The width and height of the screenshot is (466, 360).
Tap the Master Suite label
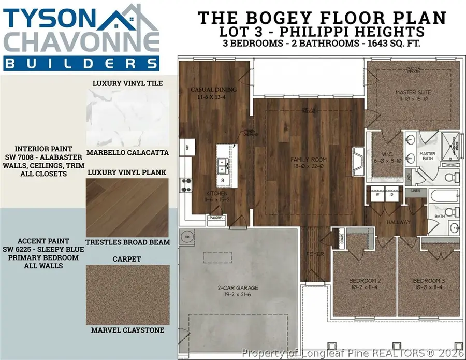(x=413, y=92)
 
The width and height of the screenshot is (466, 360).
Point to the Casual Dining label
(x=213, y=90)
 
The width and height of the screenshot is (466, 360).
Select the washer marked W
(x=378, y=196)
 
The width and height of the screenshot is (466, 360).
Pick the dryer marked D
(x=392, y=196)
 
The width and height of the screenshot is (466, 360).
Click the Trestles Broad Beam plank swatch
(x=127, y=206)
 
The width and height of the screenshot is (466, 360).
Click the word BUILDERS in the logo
(x=80, y=63)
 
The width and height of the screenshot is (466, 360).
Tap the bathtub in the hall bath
(x=444, y=199)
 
